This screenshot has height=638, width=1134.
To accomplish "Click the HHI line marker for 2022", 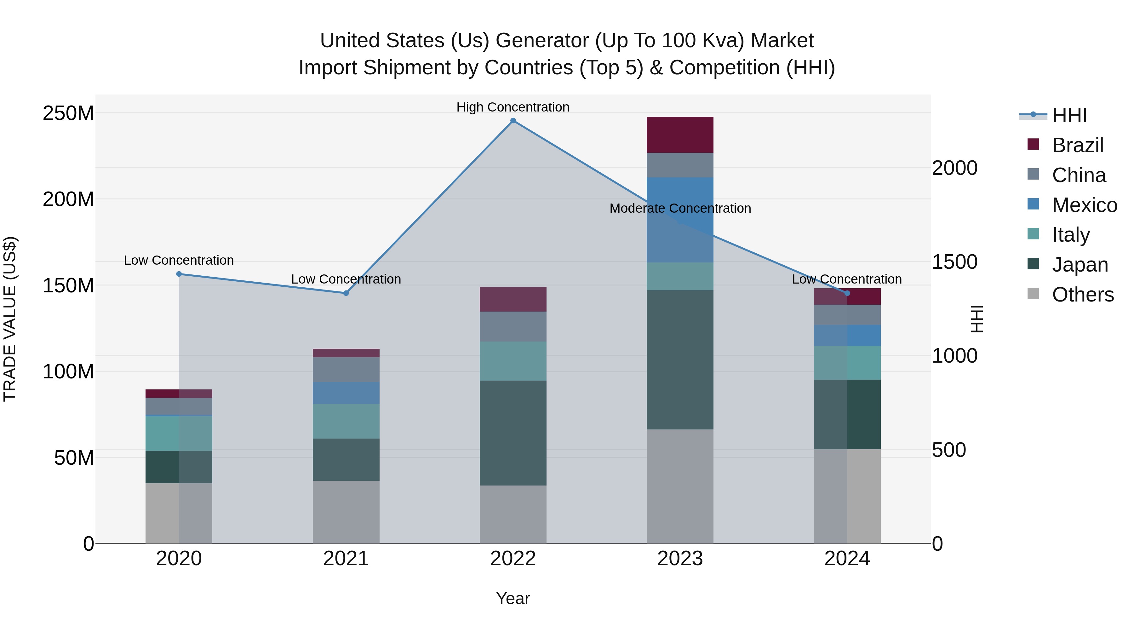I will point(513,121).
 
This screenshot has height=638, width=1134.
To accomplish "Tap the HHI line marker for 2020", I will point(179,274).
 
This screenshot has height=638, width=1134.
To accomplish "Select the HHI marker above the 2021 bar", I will point(346,293).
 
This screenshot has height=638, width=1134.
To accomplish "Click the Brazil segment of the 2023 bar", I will point(680,135).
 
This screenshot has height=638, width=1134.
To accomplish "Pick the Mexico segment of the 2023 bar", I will point(680,220).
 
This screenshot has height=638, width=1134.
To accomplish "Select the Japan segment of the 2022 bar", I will point(513,433).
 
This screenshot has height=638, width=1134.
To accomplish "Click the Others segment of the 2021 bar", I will point(346,512).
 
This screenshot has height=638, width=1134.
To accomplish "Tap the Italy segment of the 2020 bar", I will point(179,433).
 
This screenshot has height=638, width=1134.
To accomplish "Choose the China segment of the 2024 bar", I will point(847,315).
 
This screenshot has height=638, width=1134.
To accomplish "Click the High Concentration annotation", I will point(513,107).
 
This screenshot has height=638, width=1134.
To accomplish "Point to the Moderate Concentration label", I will point(680,208).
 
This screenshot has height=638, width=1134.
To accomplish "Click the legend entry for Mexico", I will point(1084,205).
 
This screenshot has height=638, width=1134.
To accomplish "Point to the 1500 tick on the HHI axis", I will point(954,262).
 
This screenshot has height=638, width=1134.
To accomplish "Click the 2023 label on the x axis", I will point(680,559).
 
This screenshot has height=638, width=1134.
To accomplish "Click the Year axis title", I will point(513,598).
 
